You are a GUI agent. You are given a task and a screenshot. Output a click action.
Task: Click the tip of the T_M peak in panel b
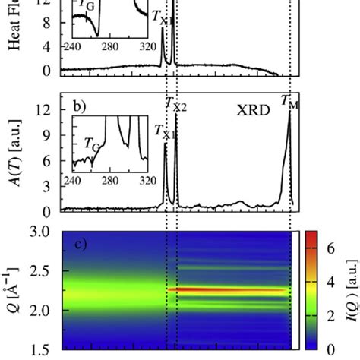(x=289, y=113)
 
